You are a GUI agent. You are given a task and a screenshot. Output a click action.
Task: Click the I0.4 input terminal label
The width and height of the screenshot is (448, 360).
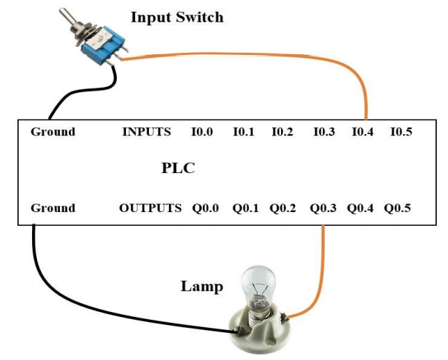362,131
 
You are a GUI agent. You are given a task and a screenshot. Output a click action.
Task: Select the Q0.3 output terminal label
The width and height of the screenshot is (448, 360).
324,208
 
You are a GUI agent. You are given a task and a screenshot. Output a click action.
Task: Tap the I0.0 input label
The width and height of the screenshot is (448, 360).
202,131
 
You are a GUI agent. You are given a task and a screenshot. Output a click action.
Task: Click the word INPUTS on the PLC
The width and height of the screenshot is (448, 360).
146,131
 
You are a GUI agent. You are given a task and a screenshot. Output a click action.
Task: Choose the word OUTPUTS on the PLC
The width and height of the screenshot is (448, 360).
150,208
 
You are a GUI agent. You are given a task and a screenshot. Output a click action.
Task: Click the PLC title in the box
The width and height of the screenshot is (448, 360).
178,169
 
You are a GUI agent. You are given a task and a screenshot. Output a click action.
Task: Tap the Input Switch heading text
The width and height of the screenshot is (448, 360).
177,17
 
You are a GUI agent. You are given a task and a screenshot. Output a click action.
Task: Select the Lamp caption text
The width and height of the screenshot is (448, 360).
202,286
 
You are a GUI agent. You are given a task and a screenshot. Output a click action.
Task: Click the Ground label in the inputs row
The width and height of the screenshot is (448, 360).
53,131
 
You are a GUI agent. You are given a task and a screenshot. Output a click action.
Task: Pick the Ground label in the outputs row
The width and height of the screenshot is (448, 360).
53,208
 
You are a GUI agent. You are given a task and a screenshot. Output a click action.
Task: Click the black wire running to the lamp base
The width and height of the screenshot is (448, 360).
104,306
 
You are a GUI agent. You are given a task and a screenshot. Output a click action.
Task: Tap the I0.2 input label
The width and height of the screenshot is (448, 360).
282,131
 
